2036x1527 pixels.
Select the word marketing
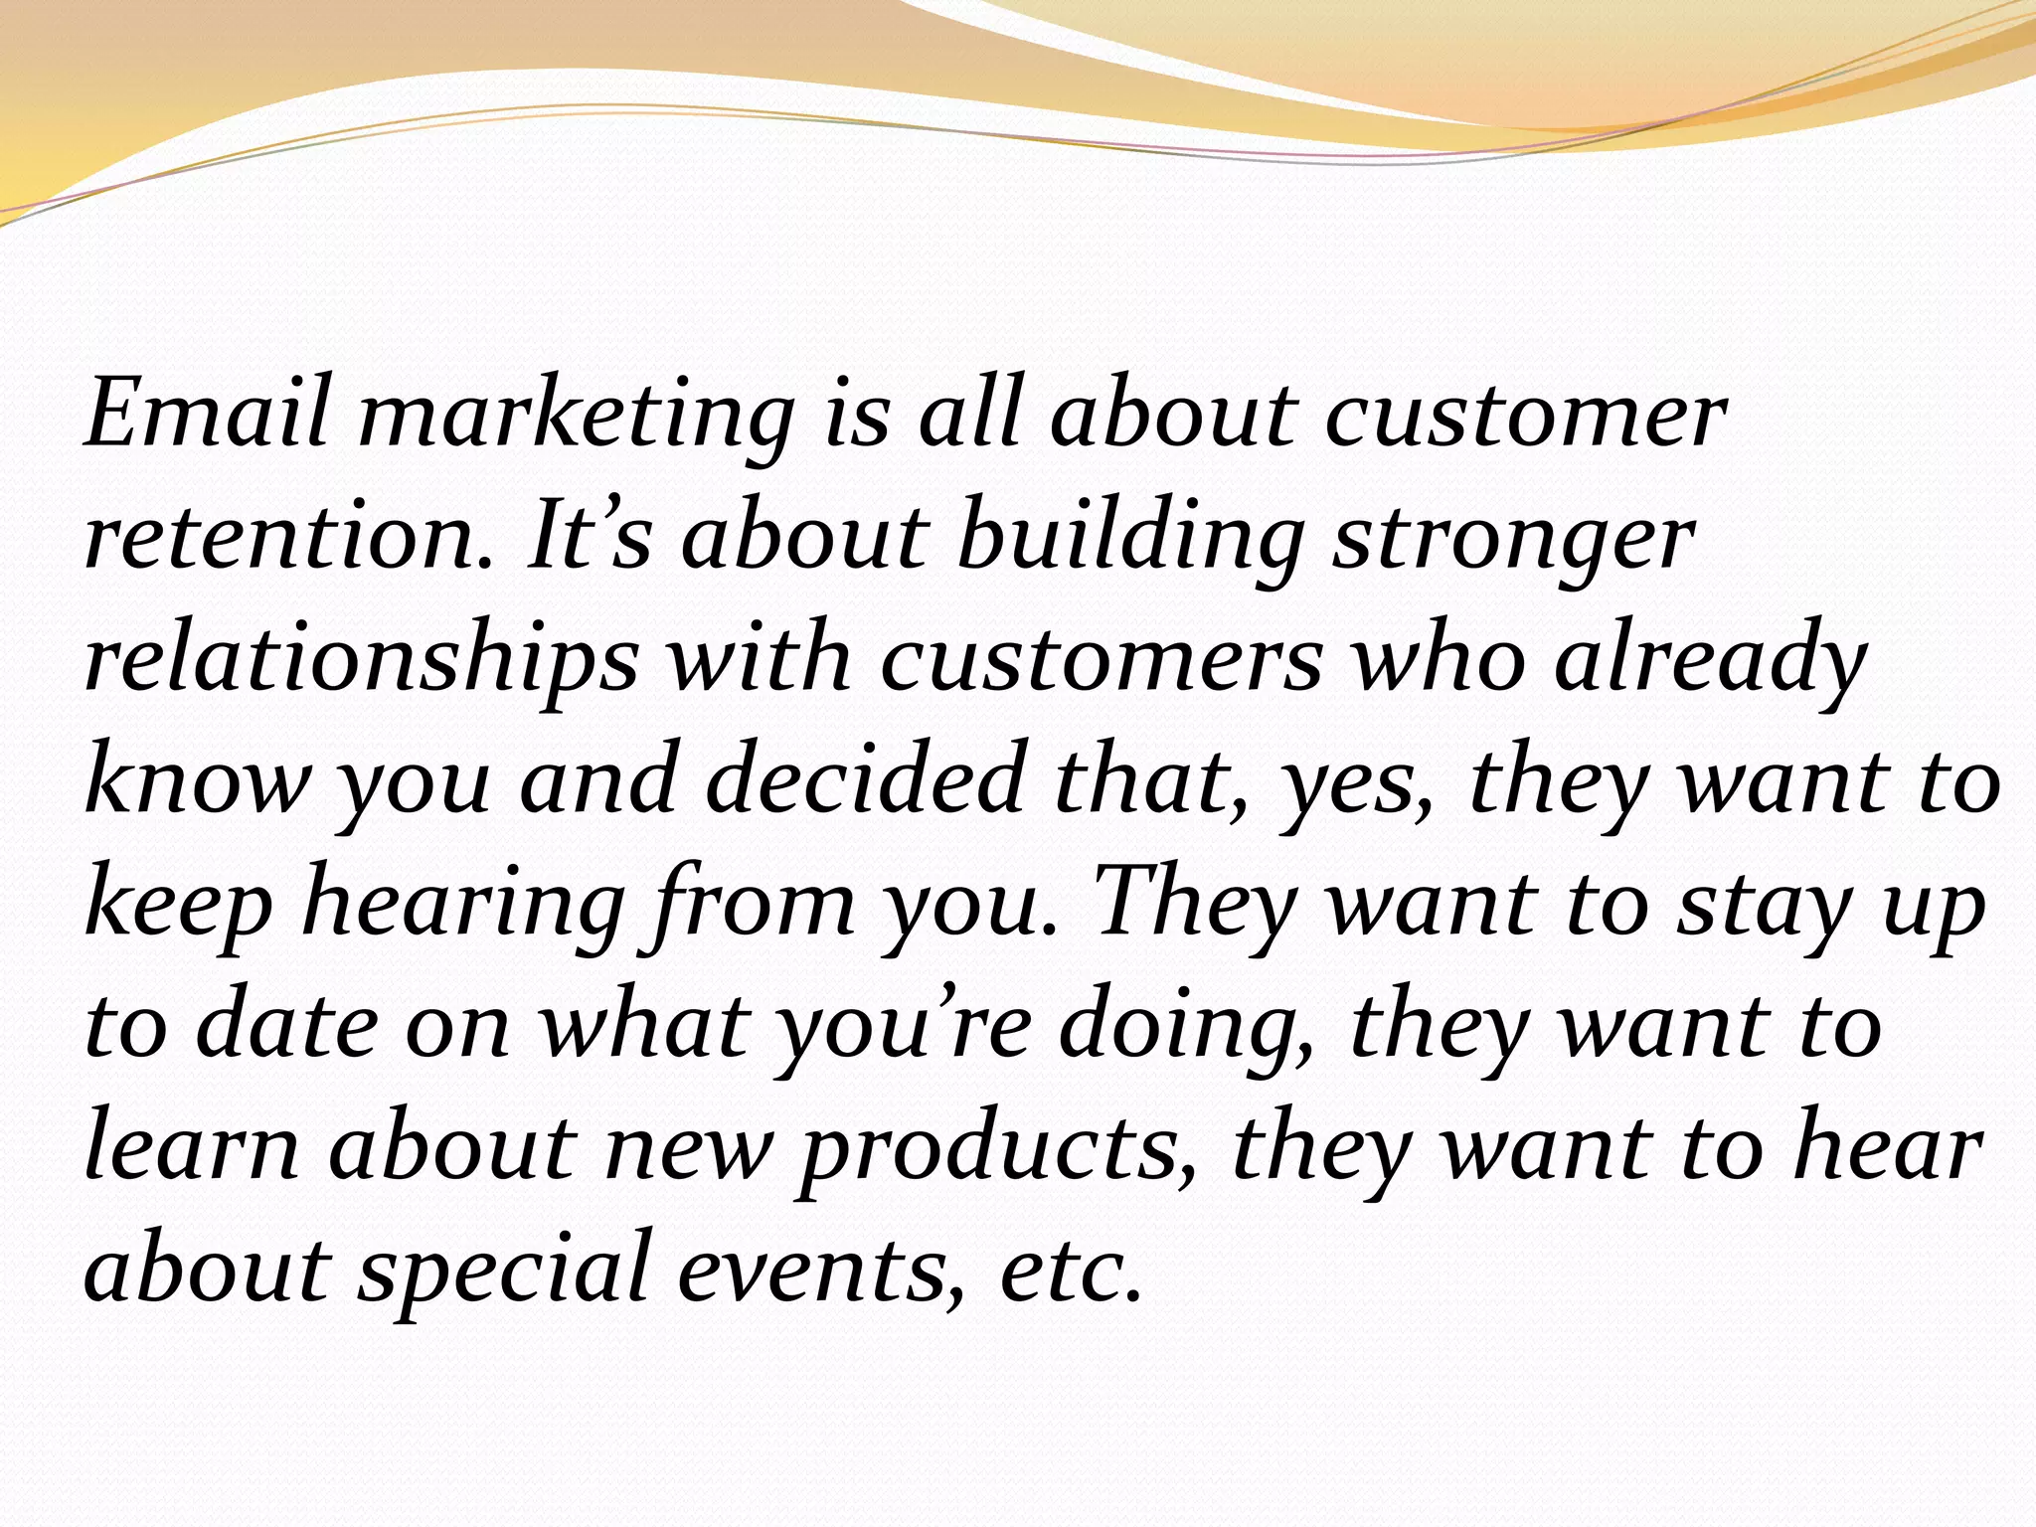[577, 418]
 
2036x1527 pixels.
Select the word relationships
[362, 661]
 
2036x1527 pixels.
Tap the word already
[1711, 661]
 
